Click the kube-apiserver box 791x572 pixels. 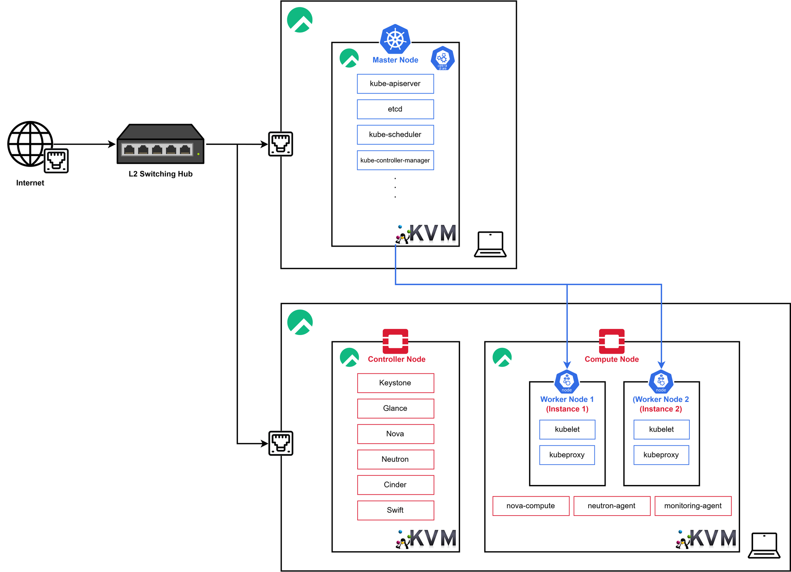[x=395, y=84]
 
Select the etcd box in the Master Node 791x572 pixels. [x=395, y=109]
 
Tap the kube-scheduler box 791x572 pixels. [x=395, y=135]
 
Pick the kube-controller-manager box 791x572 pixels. [x=395, y=160]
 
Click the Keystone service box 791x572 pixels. [x=395, y=383]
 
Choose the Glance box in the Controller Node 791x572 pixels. [x=395, y=409]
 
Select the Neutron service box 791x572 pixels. [x=395, y=460]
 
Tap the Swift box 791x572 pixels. [x=395, y=511]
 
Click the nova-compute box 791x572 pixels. [x=531, y=506]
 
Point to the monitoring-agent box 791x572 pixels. [x=693, y=506]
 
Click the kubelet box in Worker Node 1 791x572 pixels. [x=567, y=429]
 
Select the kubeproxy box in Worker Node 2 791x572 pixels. [x=661, y=455]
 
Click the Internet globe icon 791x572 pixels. [x=30, y=144]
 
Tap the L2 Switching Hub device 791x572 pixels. [x=160, y=144]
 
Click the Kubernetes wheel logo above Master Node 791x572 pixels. [x=395, y=39]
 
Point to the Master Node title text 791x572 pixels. [x=395, y=60]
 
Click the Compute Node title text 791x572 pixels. [x=612, y=359]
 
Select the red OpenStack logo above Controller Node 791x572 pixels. [x=395, y=341]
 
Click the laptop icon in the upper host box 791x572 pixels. [x=490, y=244]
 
